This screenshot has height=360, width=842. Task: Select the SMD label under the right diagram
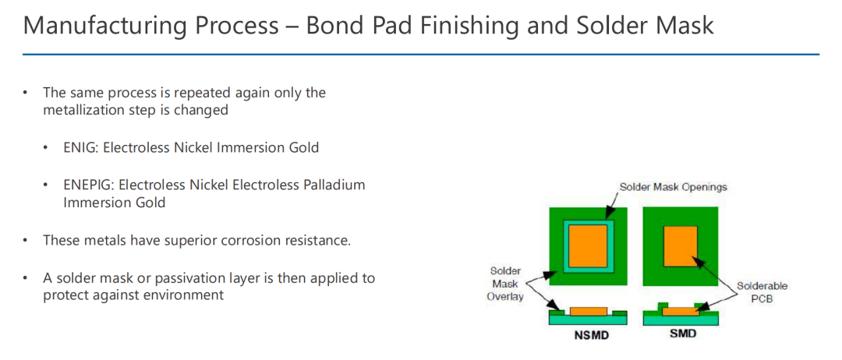tap(683, 334)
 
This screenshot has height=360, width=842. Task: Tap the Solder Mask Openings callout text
tap(674, 187)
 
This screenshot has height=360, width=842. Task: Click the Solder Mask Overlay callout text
tap(504, 284)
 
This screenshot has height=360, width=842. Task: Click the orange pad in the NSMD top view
tap(589, 246)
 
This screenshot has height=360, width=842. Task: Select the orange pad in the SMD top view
tap(681, 246)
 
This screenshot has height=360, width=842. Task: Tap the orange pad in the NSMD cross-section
tap(589, 312)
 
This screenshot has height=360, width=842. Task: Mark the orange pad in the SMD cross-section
tap(680, 312)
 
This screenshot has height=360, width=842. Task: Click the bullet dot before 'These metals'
tap(25, 240)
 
